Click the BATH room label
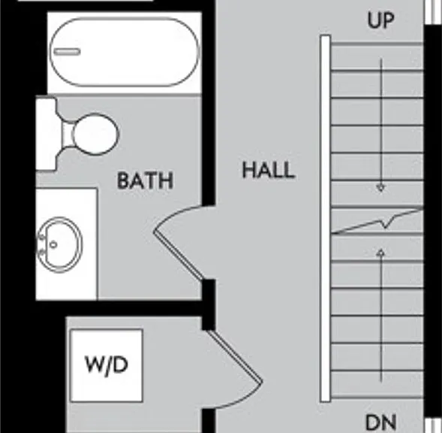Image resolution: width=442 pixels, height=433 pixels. coord(145,180)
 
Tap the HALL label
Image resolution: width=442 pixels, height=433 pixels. coord(269,170)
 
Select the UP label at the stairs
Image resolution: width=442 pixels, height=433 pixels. coord(380,20)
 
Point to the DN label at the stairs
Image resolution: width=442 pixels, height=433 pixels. coord(380,422)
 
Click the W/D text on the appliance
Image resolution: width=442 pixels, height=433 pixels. coord(107,365)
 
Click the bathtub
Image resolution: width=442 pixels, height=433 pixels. coord(125,52)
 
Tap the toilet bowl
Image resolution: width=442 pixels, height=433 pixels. coord(95,134)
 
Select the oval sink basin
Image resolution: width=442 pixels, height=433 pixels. coord(60,244)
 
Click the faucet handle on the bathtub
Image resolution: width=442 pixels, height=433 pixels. coord(67,52)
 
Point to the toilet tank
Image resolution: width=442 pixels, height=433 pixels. coord(46,134)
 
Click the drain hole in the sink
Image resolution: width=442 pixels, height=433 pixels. coord(53,244)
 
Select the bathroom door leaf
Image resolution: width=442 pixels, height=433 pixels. coord(179,256)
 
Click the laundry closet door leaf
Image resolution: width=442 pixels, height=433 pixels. coord(235,356)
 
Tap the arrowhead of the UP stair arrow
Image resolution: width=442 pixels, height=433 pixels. coord(380,187)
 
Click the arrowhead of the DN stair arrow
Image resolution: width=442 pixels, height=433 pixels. coord(380,253)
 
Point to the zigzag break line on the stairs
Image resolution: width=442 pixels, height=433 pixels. coord(377,222)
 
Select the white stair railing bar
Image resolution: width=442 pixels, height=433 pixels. coord(325,218)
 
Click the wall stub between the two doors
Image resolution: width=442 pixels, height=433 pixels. coord(209,304)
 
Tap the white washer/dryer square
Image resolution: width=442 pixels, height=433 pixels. coord(107,365)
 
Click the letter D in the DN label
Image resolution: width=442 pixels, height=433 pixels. coord(373,422)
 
